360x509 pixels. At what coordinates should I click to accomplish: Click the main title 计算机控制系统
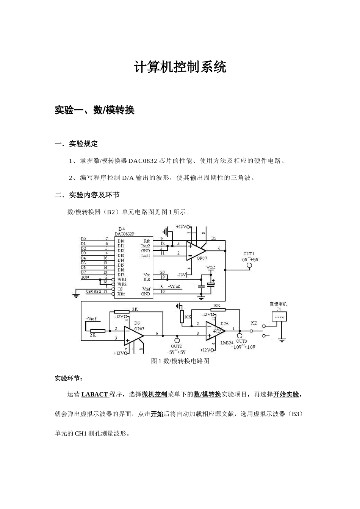point(180,67)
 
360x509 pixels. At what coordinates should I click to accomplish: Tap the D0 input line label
point(83,239)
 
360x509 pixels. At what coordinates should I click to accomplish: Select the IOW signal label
point(85,277)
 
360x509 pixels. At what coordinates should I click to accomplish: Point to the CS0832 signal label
point(93,291)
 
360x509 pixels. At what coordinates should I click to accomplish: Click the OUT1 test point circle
point(249,265)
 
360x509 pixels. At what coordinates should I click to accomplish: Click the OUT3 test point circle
point(239,335)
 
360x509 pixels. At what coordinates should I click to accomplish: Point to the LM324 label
point(227,342)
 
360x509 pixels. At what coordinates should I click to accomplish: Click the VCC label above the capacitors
point(211,267)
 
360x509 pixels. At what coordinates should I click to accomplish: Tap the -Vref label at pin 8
point(174,287)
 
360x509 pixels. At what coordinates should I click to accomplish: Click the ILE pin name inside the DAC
point(146,279)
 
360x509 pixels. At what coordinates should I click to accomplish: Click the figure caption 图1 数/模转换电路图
point(180,361)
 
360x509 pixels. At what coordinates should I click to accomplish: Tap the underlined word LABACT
point(95,394)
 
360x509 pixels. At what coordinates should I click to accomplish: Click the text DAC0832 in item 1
point(142,161)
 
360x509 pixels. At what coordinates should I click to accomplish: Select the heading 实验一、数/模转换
point(95,110)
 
